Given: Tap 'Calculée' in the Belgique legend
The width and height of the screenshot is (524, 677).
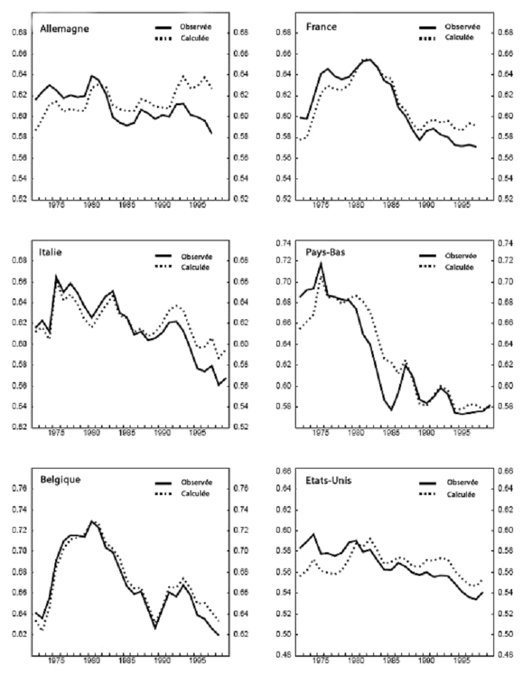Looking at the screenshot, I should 196,492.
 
